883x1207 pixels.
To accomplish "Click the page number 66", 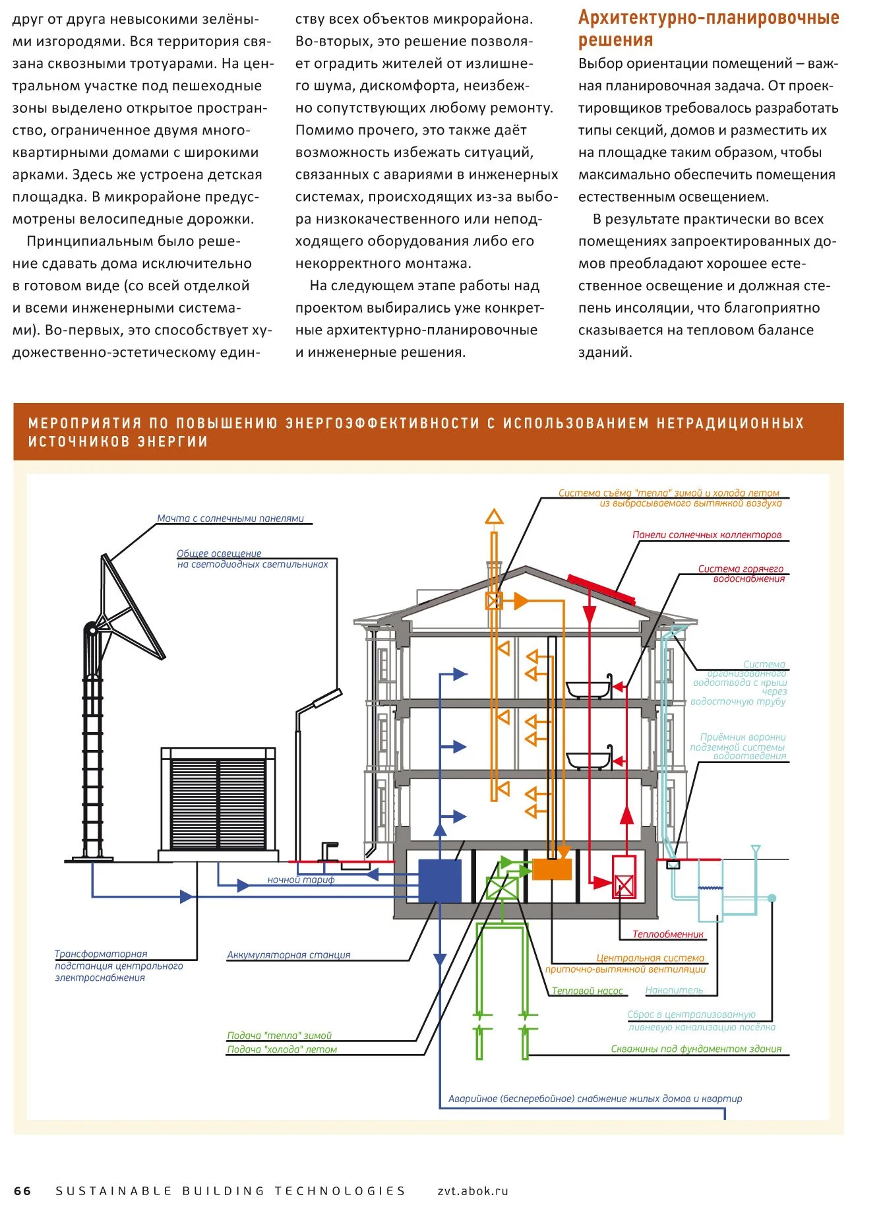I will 22,1191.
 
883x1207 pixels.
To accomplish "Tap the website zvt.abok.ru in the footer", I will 473,1191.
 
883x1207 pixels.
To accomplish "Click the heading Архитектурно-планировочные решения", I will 708,28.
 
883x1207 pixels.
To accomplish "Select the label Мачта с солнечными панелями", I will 230,518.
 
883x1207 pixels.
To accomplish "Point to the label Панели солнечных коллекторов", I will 706,535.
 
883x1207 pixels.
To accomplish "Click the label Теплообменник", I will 667,934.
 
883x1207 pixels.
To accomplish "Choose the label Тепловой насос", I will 587,991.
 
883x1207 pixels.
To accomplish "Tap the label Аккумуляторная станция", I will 288,955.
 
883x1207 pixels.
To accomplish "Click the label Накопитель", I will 674,990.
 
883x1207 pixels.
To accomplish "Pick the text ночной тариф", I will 301,880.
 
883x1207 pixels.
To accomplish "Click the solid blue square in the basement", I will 440,881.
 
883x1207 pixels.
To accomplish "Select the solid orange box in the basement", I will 551,869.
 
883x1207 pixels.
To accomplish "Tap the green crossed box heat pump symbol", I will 502,888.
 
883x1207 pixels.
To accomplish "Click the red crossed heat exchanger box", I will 624,886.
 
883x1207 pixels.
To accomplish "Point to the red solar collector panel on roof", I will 601,589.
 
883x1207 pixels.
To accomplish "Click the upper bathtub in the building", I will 589,689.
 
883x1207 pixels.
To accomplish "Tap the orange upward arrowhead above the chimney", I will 494,516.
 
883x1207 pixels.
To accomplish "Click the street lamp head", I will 328,698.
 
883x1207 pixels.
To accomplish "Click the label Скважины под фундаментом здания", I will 696,1049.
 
